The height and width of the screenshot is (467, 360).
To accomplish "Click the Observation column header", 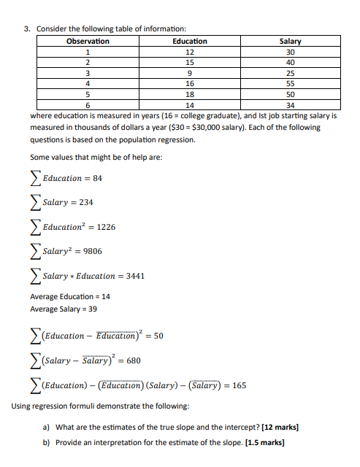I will tap(88, 42).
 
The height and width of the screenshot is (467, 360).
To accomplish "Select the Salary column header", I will tap(291, 42).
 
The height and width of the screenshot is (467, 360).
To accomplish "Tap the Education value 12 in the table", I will tap(189, 52).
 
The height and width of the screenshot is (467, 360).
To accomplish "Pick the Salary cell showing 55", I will tap(291, 84).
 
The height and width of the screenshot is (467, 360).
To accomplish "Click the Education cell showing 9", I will tap(189, 73).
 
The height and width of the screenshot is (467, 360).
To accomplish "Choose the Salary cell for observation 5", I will tap(291, 94).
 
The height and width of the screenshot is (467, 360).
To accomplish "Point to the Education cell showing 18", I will tap(189, 94).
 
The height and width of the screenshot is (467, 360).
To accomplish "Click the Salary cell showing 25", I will tap(291, 73).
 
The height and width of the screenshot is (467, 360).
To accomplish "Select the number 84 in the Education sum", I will tap(97, 178).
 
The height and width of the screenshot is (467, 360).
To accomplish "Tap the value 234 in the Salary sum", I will tap(86, 202).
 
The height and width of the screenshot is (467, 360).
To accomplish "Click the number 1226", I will tap(106, 227).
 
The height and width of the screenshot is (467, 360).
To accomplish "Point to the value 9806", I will tap(92, 251).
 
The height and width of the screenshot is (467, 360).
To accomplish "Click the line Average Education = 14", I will tap(70, 297).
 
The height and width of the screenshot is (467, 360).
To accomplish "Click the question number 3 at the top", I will tap(26, 29).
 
